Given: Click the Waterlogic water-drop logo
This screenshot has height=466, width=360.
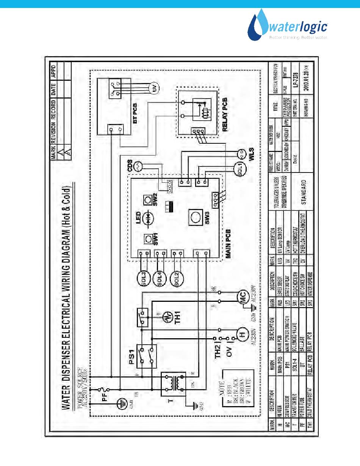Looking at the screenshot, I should click(258, 25).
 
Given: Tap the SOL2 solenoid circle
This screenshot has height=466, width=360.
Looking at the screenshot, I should click(176, 279).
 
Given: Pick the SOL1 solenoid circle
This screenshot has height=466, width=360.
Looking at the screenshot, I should click(239, 167).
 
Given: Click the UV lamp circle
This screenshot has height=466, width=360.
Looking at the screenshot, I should click(156, 89).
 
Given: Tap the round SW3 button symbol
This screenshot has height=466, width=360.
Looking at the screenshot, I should click(196, 217).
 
